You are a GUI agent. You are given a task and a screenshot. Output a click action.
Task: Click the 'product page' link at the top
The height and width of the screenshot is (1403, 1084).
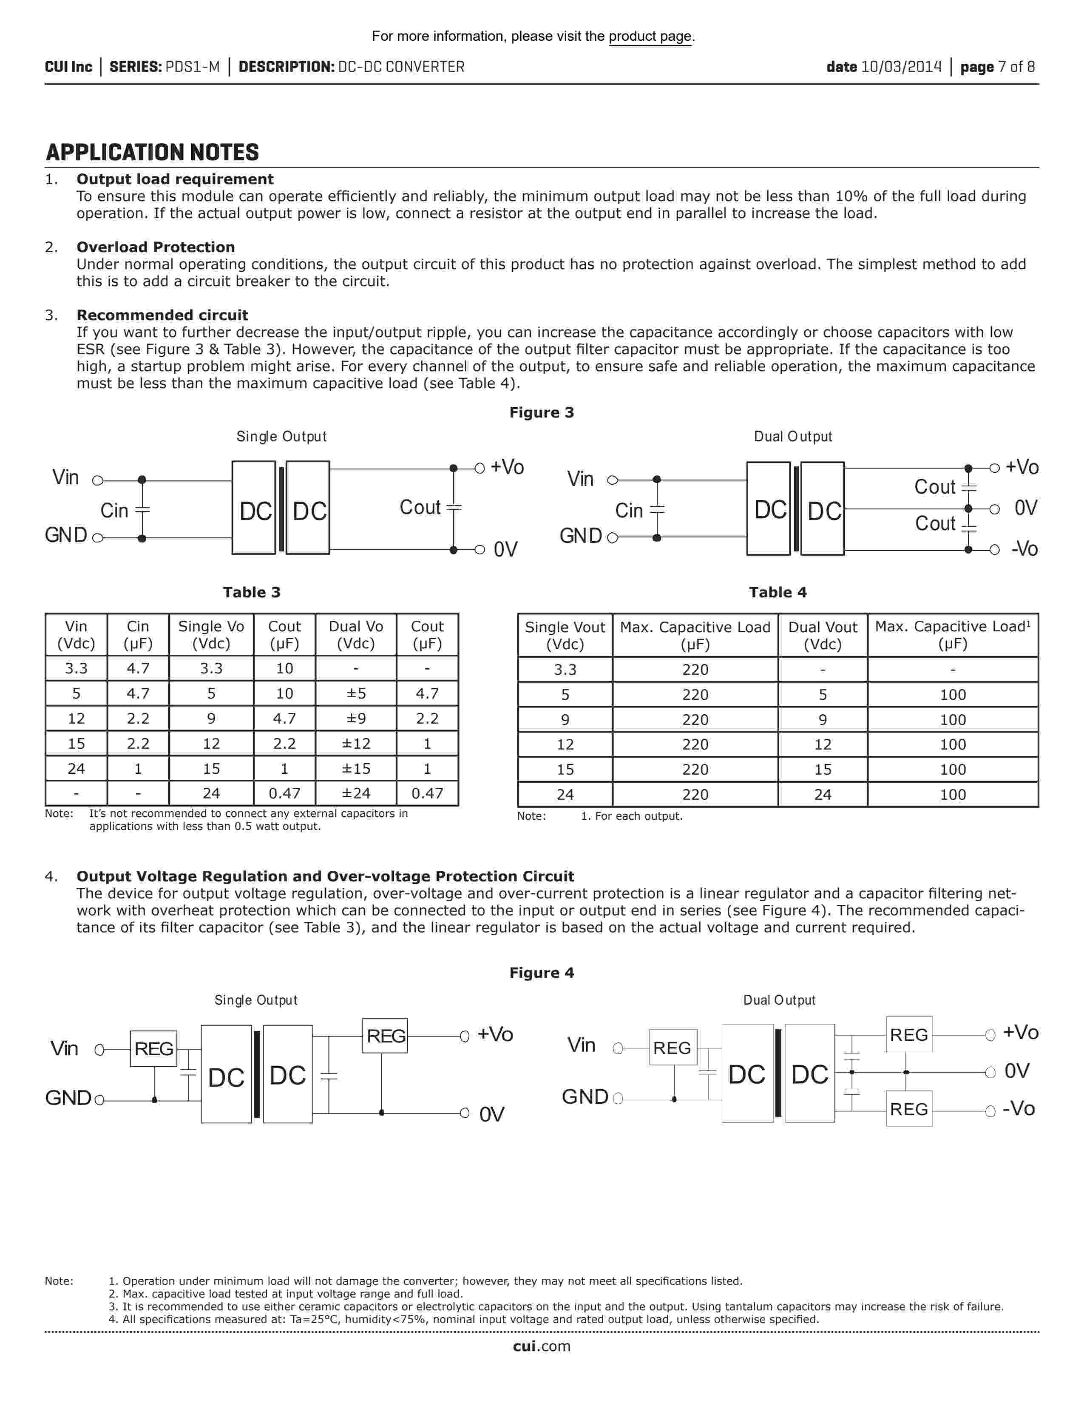(650, 37)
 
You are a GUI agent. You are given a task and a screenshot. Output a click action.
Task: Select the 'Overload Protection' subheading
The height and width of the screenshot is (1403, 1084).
(156, 247)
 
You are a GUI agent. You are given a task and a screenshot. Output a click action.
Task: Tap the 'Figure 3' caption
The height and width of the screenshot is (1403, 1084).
(541, 412)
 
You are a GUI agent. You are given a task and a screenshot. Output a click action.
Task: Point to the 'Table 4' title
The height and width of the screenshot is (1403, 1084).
(777, 592)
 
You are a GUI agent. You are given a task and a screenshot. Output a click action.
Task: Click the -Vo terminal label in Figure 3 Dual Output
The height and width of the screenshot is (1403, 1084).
(1024, 549)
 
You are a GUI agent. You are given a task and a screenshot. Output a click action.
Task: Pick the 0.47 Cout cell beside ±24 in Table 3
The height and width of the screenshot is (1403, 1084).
(427, 793)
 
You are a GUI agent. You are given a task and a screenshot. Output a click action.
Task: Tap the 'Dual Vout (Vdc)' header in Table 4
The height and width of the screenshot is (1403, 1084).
(822, 635)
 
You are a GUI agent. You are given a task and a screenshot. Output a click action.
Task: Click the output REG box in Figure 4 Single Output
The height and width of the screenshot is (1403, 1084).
(385, 1036)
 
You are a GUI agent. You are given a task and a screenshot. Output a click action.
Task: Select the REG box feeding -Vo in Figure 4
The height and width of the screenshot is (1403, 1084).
(909, 1109)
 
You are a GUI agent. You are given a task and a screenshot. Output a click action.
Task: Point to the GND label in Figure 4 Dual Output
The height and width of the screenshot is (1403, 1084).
(585, 1096)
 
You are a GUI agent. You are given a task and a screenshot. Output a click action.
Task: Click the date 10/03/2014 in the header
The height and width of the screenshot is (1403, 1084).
(901, 67)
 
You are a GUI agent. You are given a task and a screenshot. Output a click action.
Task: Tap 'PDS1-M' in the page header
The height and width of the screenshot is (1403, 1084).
(192, 67)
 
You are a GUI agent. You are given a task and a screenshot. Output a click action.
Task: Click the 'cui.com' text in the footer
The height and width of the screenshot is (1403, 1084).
(541, 1346)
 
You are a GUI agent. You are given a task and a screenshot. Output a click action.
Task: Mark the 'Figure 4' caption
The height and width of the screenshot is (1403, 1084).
(541, 973)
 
